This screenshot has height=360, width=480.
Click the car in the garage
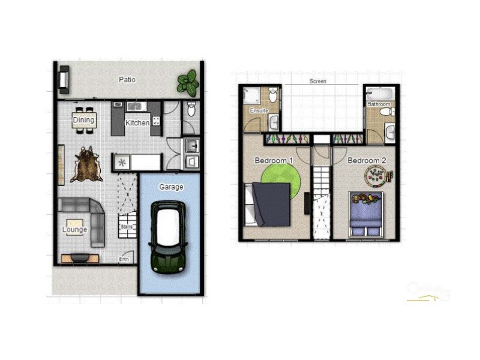(169, 237)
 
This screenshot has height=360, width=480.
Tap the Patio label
(127, 79)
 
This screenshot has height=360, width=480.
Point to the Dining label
(84, 120)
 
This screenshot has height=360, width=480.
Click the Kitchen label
(137, 123)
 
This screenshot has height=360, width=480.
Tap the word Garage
(171, 187)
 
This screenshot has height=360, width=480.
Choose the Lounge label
(74, 229)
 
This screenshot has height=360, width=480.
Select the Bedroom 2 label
(367, 160)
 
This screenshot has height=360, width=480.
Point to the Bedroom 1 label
(274, 160)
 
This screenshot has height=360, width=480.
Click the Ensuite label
(259, 110)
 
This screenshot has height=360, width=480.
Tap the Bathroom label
(379, 104)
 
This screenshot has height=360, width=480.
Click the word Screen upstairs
(318, 81)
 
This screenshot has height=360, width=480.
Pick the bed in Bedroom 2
(365, 215)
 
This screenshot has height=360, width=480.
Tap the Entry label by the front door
(124, 259)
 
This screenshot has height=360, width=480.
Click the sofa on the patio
(64, 80)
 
